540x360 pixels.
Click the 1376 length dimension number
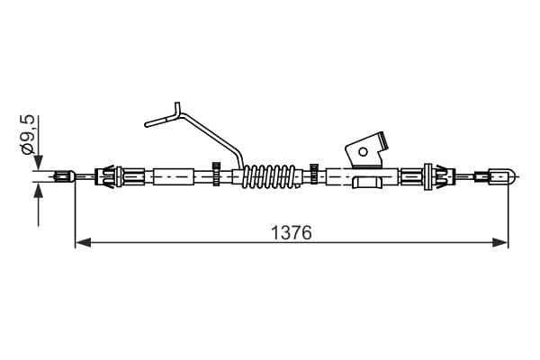point(292,232)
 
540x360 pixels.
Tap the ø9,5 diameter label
point(28,134)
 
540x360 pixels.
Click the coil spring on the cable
point(269,176)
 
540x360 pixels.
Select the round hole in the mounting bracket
point(363,151)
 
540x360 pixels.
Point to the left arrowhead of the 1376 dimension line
point(83,242)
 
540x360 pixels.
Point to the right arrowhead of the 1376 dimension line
point(500,242)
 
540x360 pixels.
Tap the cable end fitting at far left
point(65,176)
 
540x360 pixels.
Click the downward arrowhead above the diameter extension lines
point(38,162)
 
